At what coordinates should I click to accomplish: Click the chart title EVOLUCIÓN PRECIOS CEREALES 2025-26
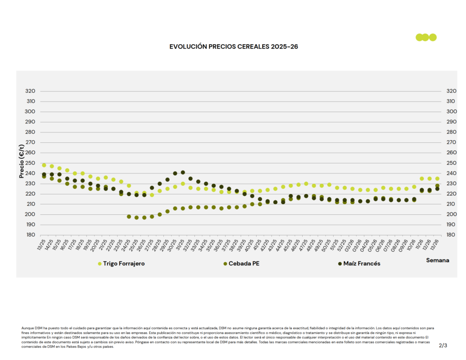click(233, 46)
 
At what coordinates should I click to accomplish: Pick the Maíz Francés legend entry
click(362, 264)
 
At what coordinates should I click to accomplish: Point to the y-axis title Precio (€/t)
click(22, 161)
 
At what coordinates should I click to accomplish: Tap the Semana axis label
click(437, 260)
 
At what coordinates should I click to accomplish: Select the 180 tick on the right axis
click(451, 235)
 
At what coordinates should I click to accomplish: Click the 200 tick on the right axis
click(451, 214)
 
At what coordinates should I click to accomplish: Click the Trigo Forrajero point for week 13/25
click(44, 165)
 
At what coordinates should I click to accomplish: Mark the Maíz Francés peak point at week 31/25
click(183, 172)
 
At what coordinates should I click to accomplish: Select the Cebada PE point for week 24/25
click(129, 217)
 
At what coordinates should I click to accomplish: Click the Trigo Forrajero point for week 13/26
click(437, 179)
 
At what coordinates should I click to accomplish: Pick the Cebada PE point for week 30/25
click(175, 208)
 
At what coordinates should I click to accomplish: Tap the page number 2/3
click(443, 345)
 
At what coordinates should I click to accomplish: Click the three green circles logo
click(426, 37)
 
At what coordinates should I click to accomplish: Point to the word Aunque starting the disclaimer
click(27, 328)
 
